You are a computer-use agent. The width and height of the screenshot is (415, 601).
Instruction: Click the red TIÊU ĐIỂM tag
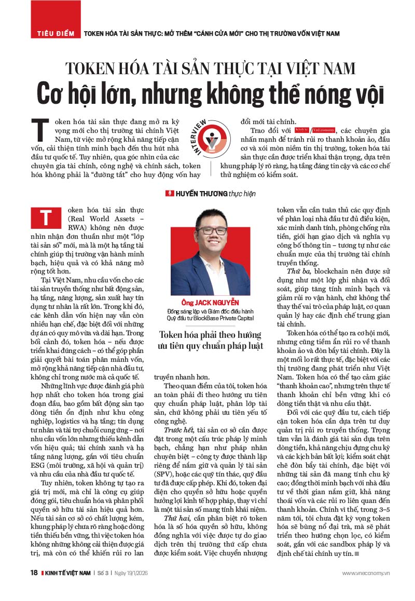pyautogui.click(x=54, y=33)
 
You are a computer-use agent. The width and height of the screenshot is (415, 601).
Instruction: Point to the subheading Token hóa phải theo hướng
pyautogui.click(x=210, y=335)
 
